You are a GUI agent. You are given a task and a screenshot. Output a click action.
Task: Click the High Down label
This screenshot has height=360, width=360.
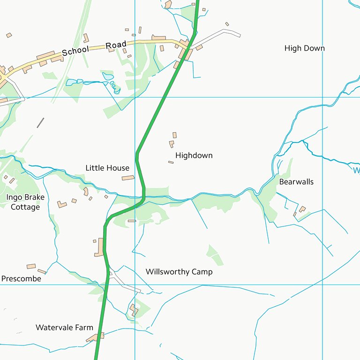coord(304,48)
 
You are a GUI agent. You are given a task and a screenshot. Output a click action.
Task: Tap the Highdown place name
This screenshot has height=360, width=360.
coord(194,155)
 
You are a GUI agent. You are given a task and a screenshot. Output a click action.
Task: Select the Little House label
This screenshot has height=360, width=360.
coord(107,168)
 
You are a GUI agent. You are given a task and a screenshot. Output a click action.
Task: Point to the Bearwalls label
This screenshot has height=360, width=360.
coord(296,181)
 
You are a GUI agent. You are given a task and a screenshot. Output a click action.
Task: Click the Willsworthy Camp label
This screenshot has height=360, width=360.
coord(179,272)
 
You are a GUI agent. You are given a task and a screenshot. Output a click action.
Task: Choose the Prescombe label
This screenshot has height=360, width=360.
coord(21,278)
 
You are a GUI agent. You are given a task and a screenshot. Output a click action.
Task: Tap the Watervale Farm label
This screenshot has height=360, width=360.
coord(64,327)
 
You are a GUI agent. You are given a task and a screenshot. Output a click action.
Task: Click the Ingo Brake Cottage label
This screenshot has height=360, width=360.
coord(25,202)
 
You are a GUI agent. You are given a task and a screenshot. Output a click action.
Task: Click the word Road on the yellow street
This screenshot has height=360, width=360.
coord(116,45)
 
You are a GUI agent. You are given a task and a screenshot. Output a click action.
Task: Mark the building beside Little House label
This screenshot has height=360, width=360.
coord(128,178)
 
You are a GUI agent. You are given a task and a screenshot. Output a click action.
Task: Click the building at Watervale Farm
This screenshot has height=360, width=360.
coord(97,337)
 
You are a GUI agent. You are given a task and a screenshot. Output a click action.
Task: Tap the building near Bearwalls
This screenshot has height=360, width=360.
coord(302,209)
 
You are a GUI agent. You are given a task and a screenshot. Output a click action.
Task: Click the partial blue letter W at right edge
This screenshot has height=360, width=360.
coord(357,170)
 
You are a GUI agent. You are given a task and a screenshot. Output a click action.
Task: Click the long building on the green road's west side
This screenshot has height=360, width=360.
coord(99,247)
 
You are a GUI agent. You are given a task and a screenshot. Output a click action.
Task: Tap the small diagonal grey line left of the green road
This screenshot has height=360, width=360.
coord(40,123)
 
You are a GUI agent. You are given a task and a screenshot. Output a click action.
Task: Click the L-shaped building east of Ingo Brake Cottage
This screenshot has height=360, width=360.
coord(62,204)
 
